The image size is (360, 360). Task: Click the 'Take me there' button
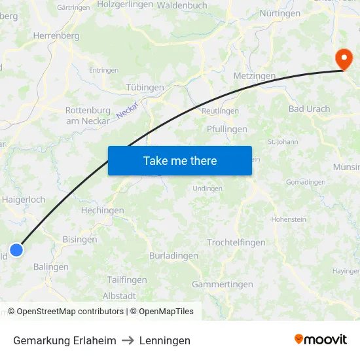click(180, 160)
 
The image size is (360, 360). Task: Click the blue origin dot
click(16, 249)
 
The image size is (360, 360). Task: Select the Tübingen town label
click(144, 87)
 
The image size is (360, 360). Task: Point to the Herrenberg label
click(56, 36)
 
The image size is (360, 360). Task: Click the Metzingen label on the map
click(255, 76)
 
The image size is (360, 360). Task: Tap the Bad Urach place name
click(309, 109)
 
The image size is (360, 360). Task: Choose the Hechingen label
click(102, 211)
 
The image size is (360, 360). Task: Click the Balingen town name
click(50, 267)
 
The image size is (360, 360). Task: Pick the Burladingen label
click(173, 256)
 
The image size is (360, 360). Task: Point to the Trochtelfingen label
click(236, 242)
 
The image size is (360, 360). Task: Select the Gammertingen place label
click(222, 284)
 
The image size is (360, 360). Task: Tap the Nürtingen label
click(279, 13)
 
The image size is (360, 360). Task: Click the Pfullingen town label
click(226, 129)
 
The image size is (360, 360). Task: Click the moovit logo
click(321, 340)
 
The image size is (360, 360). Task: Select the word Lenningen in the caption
click(164, 340)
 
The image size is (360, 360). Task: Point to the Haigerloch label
click(24, 199)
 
